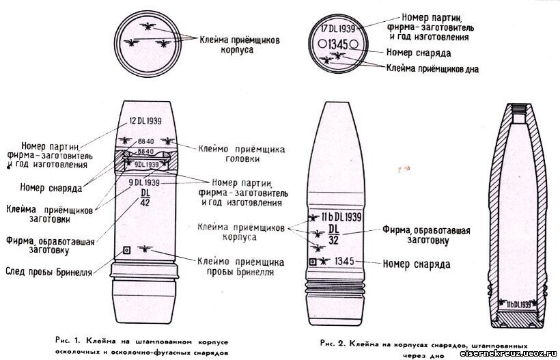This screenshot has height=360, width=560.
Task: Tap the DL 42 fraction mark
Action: tap(145, 196)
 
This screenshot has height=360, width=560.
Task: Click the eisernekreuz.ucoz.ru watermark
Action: tap(508, 352)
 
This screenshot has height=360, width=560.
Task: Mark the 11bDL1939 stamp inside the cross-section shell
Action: tap(521, 303)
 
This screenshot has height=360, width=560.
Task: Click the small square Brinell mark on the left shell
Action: tap(126, 250)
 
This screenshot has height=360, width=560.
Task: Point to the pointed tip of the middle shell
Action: tap(337, 105)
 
